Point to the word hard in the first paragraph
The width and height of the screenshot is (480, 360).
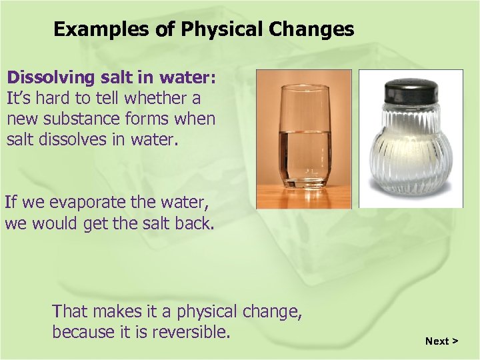pos(61,99)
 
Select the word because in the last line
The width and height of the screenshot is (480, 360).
pos(85,331)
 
